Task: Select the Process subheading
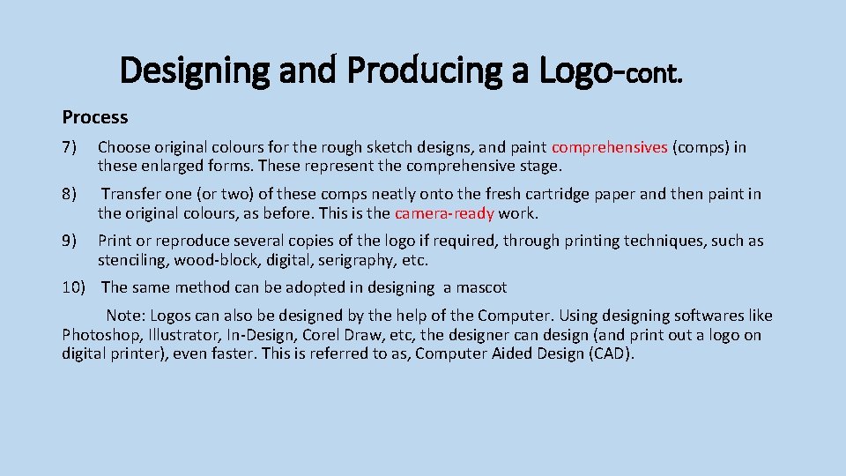pos(95,117)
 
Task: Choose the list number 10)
pos(75,287)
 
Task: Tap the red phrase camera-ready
pos(444,212)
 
